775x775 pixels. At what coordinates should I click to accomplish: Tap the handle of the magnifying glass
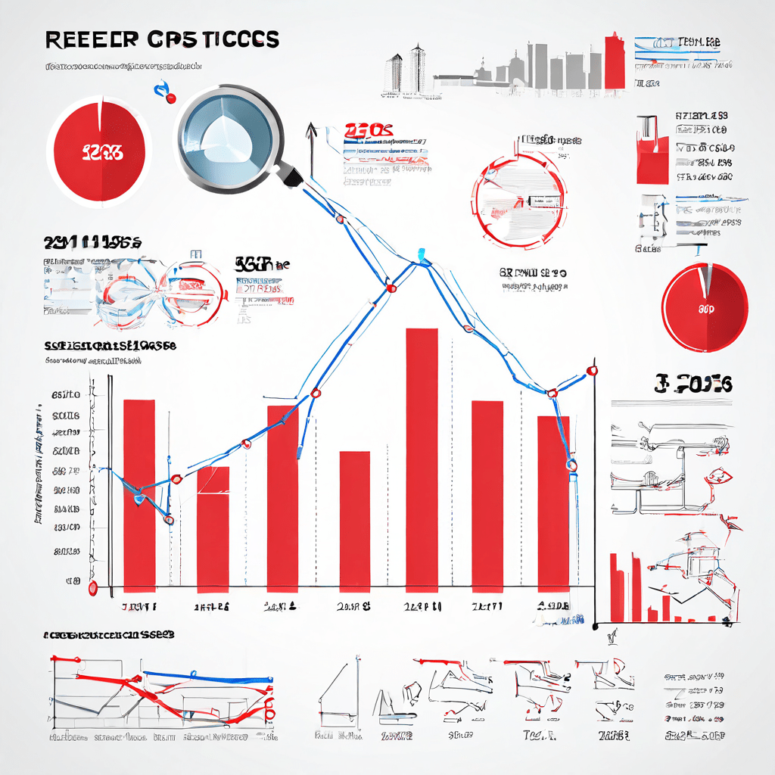click(x=292, y=175)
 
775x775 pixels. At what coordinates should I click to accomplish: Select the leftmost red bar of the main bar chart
click(x=139, y=495)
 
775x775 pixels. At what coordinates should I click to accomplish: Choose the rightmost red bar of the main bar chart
click(x=553, y=503)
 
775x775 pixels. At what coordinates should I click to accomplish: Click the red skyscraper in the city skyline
click(x=615, y=60)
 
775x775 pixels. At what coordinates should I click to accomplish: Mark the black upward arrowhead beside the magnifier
click(x=310, y=130)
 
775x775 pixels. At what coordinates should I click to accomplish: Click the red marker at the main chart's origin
click(x=93, y=587)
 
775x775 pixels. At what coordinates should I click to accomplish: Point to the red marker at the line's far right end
click(x=592, y=370)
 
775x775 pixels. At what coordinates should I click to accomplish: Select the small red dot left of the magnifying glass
click(x=170, y=98)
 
